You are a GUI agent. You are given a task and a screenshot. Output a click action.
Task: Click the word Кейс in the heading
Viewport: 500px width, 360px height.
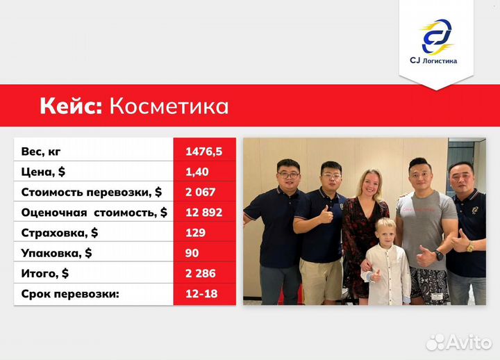point(70,106)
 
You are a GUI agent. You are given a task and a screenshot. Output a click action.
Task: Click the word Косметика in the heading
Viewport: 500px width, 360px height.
point(169,106)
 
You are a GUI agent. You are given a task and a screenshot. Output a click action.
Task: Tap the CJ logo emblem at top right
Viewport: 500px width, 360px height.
point(436,36)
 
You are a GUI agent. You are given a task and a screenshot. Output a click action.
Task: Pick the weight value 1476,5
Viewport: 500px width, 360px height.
point(203,151)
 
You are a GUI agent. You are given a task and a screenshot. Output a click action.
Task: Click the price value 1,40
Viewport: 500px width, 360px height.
point(197,171)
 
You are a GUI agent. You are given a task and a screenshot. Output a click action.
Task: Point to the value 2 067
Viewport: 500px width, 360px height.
point(200,192)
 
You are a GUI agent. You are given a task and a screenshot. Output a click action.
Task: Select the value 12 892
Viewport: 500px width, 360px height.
point(203,212)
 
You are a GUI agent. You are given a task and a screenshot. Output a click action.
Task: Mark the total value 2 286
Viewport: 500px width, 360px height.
point(200,273)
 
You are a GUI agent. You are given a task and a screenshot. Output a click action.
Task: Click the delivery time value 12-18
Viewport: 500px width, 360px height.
point(201,294)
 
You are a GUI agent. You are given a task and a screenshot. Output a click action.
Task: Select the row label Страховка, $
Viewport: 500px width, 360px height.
point(60,233)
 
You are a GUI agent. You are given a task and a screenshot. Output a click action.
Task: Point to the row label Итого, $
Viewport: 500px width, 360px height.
point(45,273)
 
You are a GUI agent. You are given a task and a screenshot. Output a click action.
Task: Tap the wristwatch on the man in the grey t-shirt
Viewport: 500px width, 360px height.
point(439,255)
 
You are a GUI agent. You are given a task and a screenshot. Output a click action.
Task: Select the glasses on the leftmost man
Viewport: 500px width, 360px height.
point(287,175)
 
